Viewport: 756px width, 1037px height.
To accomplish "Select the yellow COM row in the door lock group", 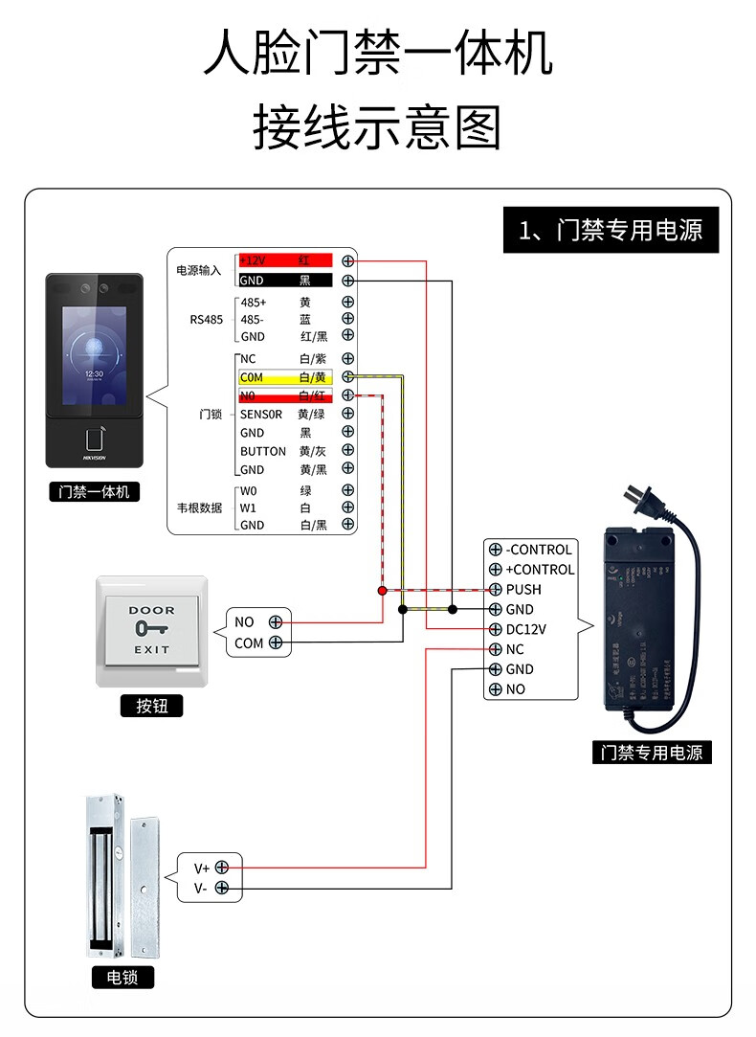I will [x=284, y=377].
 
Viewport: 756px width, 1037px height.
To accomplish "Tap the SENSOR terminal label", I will [x=260, y=415].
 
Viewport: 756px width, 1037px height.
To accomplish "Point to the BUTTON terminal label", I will [x=262, y=451].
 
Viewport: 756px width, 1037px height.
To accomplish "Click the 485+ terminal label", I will [x=254, y=303].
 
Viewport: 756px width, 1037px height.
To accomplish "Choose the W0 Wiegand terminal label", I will [x=249, y=490].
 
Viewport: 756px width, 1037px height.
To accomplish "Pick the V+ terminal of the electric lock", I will [x=222, y=867].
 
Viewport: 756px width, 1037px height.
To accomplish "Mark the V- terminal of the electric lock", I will [x=222, y=888].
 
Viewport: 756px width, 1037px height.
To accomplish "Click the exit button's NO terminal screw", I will [x=276, y=622].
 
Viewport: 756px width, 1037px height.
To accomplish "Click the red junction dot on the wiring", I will [x=383, y=590].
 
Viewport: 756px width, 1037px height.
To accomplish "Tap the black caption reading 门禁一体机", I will [x=94, y=492].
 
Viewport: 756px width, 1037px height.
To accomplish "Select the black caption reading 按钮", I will [x=151, y=707].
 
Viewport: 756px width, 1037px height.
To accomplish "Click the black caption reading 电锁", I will [x=122, y=978].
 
